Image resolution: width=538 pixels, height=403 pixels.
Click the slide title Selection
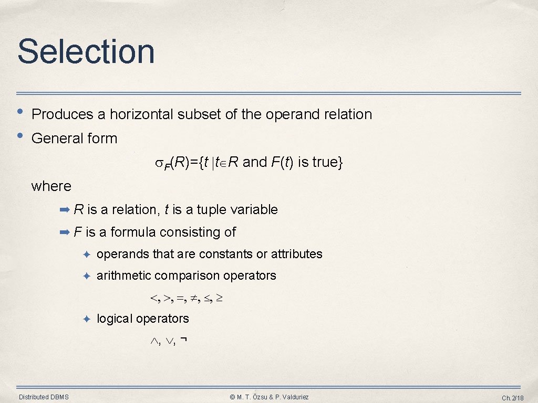[86, 51]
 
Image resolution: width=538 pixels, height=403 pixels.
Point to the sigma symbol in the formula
[159, 163]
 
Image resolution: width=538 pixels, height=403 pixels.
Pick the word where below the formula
[51, 186]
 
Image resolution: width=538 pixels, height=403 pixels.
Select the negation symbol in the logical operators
[183, 341]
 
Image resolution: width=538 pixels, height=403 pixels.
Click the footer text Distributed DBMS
[44, 397]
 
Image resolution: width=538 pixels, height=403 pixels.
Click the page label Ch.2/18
[512, 398]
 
